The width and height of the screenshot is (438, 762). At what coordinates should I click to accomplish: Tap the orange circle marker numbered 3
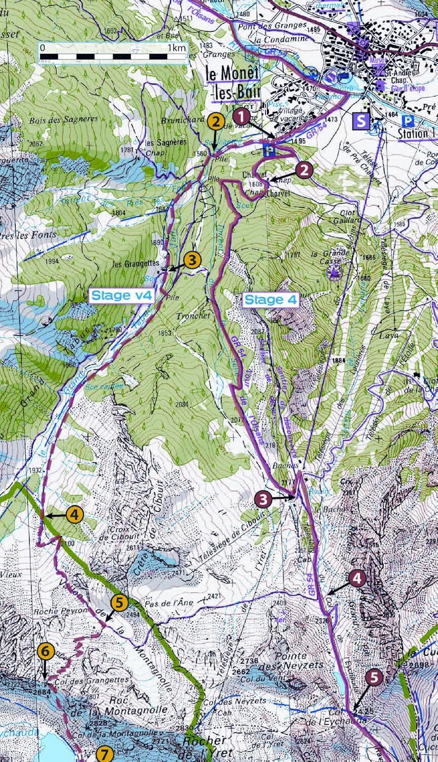[192, 260]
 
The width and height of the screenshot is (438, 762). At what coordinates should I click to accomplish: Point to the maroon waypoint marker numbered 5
[374, 677]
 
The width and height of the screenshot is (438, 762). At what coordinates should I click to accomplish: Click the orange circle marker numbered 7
[105, 754]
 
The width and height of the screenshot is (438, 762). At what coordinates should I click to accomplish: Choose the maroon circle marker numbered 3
[263, 499]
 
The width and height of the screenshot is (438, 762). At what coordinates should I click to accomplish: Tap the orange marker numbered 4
[74, 515]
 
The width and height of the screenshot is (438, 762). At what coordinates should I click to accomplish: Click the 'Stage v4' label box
[121, 296]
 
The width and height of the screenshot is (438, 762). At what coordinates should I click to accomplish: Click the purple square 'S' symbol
[361, 121]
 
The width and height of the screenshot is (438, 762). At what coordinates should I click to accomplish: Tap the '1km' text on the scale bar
[176, 48]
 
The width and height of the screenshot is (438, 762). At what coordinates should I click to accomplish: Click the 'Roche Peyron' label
[54, 611]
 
